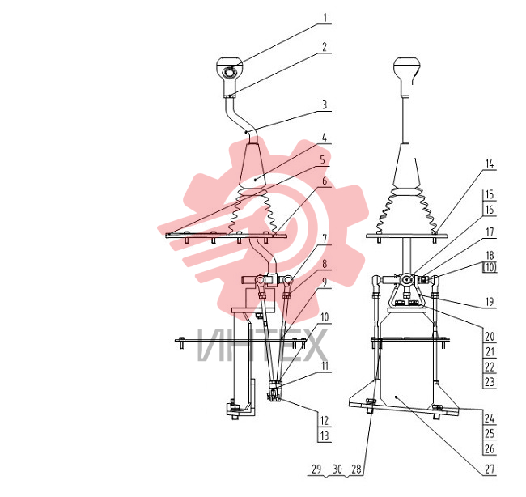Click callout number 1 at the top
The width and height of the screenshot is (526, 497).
pos(325,18)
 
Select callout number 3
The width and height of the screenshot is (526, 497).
pos(325,105)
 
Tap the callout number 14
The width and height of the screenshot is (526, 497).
pos(490,164)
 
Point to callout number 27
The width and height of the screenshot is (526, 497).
pos(490,469)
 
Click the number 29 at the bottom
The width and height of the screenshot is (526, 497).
pos(316,469)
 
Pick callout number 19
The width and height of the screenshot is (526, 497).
pos(490,302)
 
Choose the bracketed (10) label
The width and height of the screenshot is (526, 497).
pos(490,267)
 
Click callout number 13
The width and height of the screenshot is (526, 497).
pos(324,435)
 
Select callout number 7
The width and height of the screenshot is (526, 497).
pos(325,239)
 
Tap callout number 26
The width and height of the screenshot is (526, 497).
pos(490,448)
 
